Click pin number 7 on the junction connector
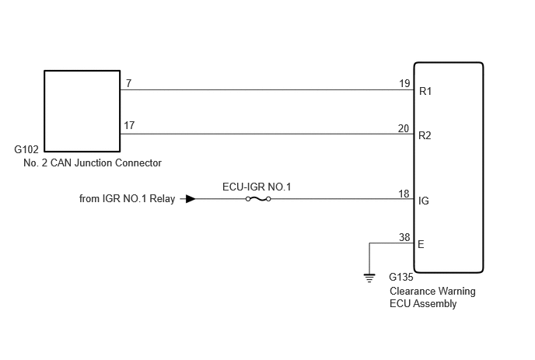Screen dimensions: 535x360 coord(128,83)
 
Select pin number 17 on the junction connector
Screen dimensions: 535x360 coord(129,126)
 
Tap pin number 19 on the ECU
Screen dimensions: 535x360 coord(404,83)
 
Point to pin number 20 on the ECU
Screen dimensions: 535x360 coord(404,128)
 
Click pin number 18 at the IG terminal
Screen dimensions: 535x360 coord(404,194)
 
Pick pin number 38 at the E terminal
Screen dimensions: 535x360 coord(404,237)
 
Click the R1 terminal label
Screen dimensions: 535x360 coord(425,92)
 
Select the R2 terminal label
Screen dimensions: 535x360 coord(425,136)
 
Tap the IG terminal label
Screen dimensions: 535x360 coord(424,201)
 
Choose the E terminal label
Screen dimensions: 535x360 coord(421,244)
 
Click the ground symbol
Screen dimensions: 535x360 coord(369,278)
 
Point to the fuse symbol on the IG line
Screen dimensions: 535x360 coord(258,198)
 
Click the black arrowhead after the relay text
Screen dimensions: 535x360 coord(191,198)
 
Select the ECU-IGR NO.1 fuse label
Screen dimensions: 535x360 coord(257,187)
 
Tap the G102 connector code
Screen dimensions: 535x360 coord(26,149)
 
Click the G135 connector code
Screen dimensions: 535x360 coord(401,277)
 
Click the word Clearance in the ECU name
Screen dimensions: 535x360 coord(408,291)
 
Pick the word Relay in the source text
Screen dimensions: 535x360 coord(162,198)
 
